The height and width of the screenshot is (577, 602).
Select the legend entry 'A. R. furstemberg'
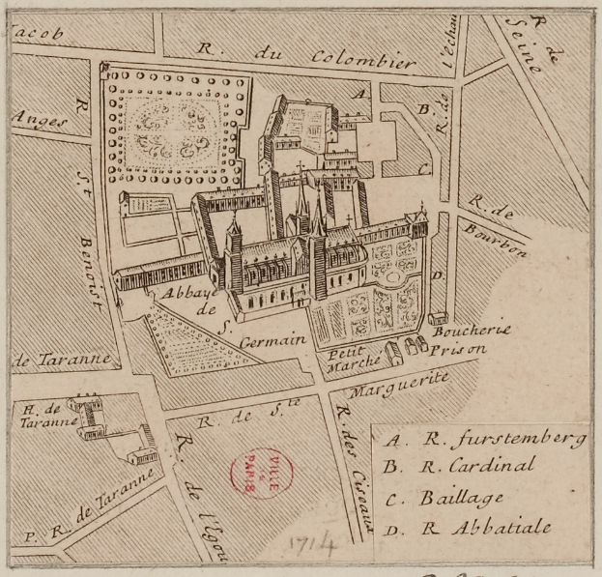point(484,440)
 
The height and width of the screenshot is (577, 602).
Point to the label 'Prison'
point(461,350)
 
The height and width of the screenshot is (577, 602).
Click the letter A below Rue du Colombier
point(359,94)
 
